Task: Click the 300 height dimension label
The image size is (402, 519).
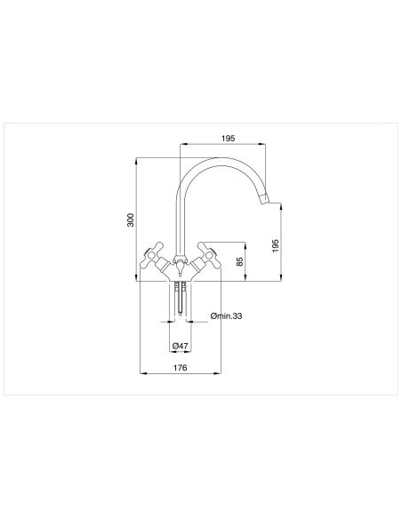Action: tap(130, 220)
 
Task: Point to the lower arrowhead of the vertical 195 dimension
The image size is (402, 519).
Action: tap(282, 278)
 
